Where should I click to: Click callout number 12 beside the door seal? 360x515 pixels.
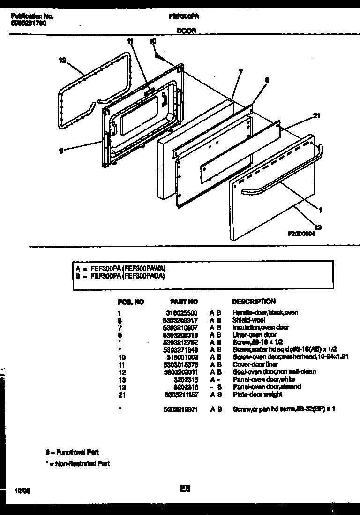point(62,60)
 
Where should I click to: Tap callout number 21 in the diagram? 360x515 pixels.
point(316,116)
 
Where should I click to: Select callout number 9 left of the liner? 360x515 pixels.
point(61,150)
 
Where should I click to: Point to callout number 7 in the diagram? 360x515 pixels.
point(240,72)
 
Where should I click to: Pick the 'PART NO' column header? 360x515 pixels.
point(184,302)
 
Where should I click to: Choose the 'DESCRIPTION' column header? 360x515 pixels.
point(254,301)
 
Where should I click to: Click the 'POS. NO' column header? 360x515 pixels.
point(130,302)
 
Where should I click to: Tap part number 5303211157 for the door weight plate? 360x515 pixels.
point(180,394)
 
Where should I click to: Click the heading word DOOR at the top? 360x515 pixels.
point(186,30)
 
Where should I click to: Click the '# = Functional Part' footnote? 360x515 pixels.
point(72,452)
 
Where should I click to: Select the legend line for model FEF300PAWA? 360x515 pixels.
point(120,269)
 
